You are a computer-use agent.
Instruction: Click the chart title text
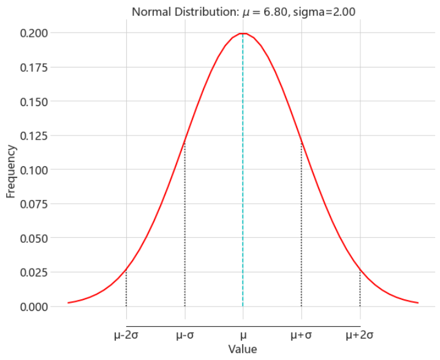pyautogui.click(x=243, y=10)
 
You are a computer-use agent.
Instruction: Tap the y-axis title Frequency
pyautogui.click(x=10, y=170)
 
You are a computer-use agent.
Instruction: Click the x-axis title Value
pyautogui.click(x=243, y=350)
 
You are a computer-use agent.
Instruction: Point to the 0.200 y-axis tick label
pyautogui.click(x=35, y=33)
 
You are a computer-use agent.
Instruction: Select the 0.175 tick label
pyautogui.click(x=35, y=67)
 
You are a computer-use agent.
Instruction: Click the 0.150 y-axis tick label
pyautogui.click(x=35, y=101)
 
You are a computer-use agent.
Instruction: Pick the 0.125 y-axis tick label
pyautogui.click(x=35, y=136)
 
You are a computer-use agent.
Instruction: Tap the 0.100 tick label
pyautogui.click(x=35, y=170)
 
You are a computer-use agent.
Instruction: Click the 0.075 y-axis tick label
pyautogui.click(x=35, y=204)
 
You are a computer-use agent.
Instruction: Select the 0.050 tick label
pyautogui.click(x=35, y=238)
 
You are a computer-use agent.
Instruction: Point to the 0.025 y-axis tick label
pyautogui.click(x=35, y=272)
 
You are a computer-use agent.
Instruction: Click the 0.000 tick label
pyautogui.click(x=35, y=307)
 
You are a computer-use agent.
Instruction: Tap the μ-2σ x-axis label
pyautogui.click(x=126, y=335)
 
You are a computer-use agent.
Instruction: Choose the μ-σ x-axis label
pyautogui.click(x=184, y=335)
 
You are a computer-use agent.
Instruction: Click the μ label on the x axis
pyautogui.click(x=243, y=335)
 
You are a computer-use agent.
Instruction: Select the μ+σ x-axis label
pyautogui.click(x=301, y=335)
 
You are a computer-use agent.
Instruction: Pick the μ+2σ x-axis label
pyautogui.click(x=360, y=335)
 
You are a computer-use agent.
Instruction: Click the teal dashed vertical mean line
pyautogui.click(x=243, y=184)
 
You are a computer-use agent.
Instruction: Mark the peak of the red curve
pyautogui.click(x=243, y=33)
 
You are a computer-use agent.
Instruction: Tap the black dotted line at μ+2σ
pyautogui.click(x=360, y=288)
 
